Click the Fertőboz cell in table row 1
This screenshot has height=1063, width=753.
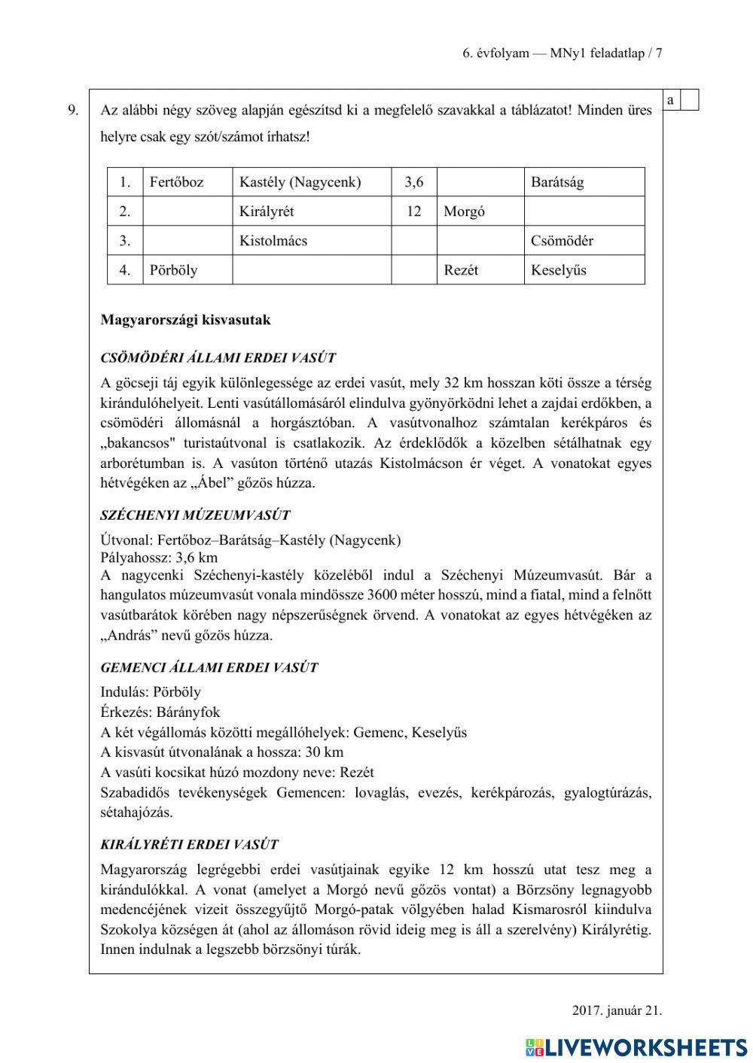tap(177, 182)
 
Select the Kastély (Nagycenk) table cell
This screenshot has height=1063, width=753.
tap(300, 182)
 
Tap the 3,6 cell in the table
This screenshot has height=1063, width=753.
tap(413, 182)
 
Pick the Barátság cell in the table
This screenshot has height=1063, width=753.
tap(557, 182)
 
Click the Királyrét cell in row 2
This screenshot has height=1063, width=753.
tap(266, 211)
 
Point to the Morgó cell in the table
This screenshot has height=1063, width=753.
tap(464, 211)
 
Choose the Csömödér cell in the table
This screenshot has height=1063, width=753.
tap(562, 241)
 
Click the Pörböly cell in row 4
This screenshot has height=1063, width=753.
tap(174, 270)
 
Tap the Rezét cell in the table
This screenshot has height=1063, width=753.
tap(461, 270)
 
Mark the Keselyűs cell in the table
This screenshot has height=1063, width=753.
tap(558, 270)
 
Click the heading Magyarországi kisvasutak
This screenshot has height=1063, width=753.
tap(185, 320)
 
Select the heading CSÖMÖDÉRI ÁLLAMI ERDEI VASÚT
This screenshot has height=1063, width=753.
tap(218, 358)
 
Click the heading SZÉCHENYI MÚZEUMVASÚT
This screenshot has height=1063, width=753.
tap(195, 515)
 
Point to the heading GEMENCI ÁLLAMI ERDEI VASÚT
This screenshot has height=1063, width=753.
tap(209, 667)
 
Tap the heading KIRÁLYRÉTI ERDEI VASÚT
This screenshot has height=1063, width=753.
tap(189, 845)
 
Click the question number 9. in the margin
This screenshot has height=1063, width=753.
tap(73, 111)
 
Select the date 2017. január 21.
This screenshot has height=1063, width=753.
tap(617, 1010)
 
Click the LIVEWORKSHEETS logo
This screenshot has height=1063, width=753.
tap(636, 1046)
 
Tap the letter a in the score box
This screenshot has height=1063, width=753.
tap(670, 100)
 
